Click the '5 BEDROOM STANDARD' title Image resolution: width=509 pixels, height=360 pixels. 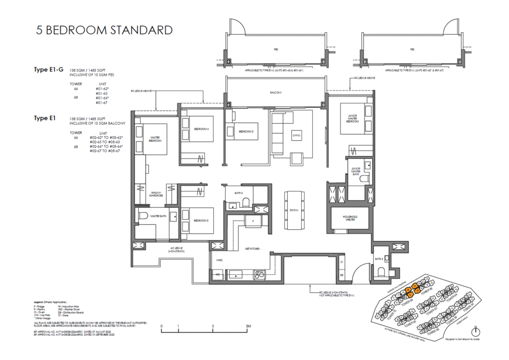[104, 30]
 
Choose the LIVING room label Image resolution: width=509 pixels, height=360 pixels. [297, 135]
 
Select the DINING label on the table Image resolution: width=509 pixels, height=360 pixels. [293, 210]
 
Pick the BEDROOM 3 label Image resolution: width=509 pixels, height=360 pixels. [201, 220]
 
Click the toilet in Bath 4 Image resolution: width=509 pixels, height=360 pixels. [381, 271]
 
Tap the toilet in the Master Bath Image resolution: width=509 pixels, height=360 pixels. [142, 216]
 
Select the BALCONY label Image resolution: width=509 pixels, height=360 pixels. [276, 93]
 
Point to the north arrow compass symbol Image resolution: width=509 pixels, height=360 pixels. [476, 331]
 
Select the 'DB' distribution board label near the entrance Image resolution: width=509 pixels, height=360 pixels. [341, 274]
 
